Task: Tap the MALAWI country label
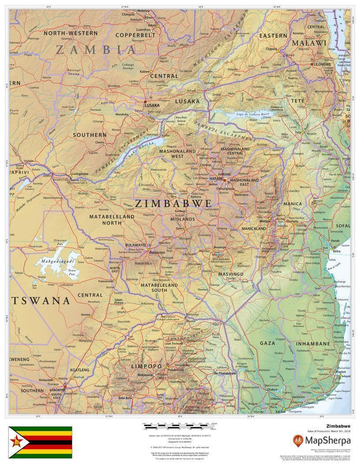pos(309,43)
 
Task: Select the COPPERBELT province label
pos(135,34)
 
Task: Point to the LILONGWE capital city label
pos(322,64)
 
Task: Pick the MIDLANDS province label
pos(183,219)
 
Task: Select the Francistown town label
pos(106,281)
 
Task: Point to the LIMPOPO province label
pos(146,366)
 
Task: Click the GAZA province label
pos(267,343)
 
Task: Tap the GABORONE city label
pos(57,390)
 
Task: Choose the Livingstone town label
pos(80,174)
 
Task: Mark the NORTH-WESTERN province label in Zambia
pos(70,33)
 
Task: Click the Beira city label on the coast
pos(337,251)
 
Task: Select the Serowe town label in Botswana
pos(85,314)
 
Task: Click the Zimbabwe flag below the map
pos(41,442)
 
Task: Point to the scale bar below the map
pos(179,427)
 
